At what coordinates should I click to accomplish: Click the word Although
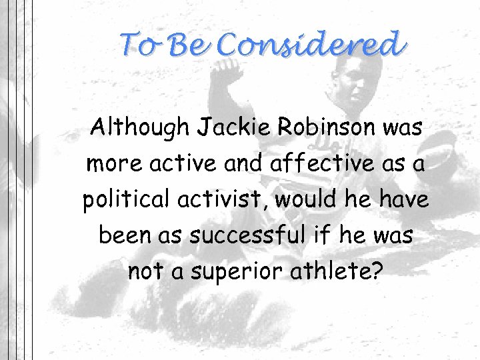[139, 127]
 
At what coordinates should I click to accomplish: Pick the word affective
[323, 163]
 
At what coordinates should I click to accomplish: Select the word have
[403, 199]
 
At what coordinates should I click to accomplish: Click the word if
[324, 235]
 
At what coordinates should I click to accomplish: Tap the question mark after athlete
[377, 271]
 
